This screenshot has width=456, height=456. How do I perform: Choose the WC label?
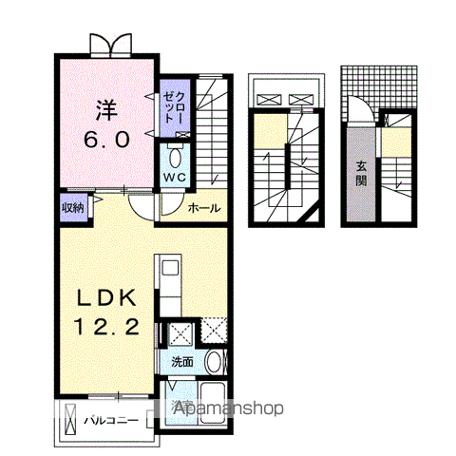coord(177,179)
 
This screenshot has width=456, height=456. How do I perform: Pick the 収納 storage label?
coord(73,206)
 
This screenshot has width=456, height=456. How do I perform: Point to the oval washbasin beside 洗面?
coord(215,362)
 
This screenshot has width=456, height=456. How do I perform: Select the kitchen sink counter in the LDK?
coord(169,286)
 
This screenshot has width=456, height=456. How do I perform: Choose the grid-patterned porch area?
coord(378,85)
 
